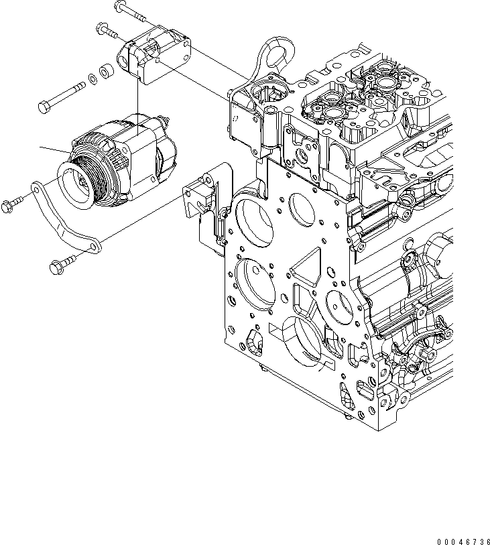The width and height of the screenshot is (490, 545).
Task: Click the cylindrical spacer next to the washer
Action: tap(105, 70)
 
